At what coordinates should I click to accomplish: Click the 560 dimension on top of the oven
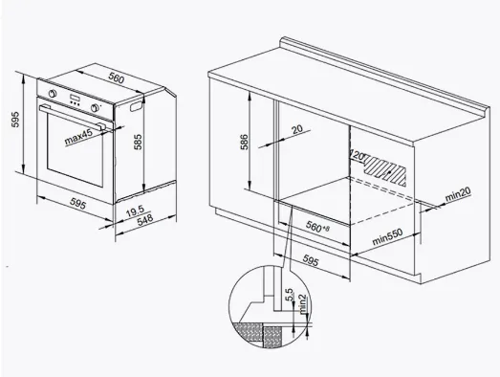pos(116,78)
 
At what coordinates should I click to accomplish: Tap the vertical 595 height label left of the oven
pos(15,119)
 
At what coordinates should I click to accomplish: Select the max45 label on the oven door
pos(78,137)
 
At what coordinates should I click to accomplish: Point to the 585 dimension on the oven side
pos(138,142)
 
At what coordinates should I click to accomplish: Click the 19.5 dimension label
pos(135,211)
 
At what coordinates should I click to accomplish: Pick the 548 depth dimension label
pos(145,220)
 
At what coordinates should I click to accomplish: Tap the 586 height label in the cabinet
pos(244,143)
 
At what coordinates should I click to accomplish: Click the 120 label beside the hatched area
pos(358,155)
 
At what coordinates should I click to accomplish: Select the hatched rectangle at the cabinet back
pos(385,169)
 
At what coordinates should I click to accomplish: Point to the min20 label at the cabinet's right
pos(458,194)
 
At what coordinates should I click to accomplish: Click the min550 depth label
pos(387,236)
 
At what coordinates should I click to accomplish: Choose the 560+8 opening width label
pos(317,227)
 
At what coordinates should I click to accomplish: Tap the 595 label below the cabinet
pos(311,261)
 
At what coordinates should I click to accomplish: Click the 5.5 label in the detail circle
pos(290,295)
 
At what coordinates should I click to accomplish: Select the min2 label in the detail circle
pos(302,303)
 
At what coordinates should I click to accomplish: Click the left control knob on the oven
pos(53,94)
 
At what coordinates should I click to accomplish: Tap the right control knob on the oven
pos(95,107)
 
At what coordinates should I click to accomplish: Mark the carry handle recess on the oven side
pos(137,105)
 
